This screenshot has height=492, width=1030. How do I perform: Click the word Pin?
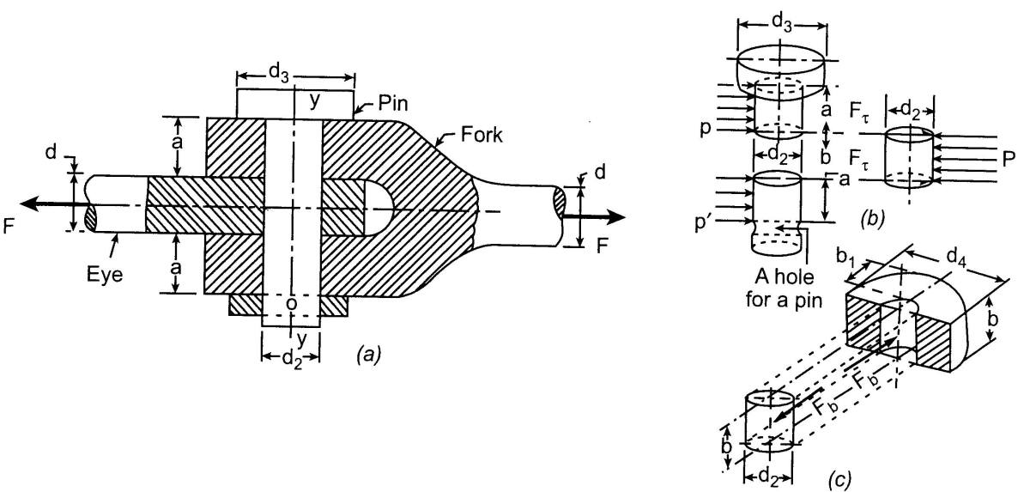coord(393,103)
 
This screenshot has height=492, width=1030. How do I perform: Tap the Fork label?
coord(482,135)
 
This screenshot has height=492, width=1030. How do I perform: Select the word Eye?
coord(106,275)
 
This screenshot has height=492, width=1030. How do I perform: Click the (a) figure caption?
coord(369,354)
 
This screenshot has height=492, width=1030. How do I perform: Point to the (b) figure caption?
coord(872,219)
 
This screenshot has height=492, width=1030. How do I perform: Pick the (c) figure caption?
coord(839,480)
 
